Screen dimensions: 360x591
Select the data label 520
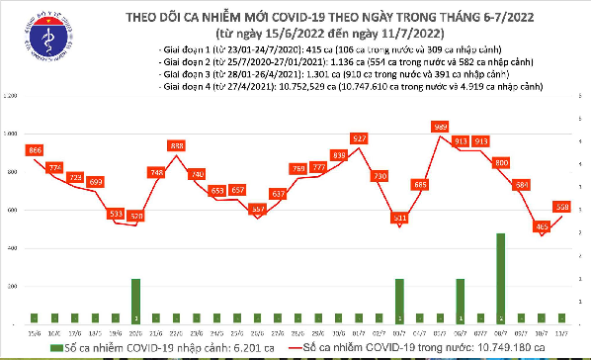(x=135, y=215)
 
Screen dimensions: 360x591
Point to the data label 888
(x=177, y=146)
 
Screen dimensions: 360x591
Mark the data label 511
(x=400, y=217)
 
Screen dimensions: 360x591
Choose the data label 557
(x=258, y=209)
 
